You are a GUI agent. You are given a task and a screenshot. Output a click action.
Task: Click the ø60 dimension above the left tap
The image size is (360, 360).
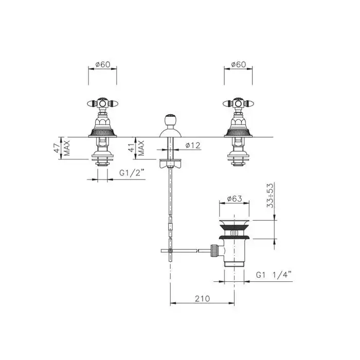pyautogui.click(x=103, y=64)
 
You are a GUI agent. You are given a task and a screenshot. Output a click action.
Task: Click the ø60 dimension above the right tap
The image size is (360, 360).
pyautogui.click(x=238, y=64)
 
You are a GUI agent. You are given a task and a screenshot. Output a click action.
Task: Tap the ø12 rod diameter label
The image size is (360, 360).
pyautogui.click(x=193, y=146)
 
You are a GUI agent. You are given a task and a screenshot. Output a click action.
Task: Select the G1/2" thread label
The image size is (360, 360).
pyautogui.click(x=133, y=173)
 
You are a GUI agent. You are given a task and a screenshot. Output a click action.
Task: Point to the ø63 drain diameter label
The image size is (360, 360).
pyautogui.click(x=235, y=199)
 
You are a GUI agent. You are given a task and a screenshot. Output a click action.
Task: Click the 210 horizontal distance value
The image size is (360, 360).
pyautogui.click(x=202, y=298)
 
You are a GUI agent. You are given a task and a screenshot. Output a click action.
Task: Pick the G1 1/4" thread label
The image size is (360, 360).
pyautogui.click(x=274, y=275)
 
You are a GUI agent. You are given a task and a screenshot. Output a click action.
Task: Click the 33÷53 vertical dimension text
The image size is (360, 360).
pyautogui.click(x=270, y=195)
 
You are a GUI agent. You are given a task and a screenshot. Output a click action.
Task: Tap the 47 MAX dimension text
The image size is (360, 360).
pyautogui.click(x=62, y=148)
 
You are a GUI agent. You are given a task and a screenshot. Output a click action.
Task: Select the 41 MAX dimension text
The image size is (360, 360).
pyautogui.click(x=137, y=148)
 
